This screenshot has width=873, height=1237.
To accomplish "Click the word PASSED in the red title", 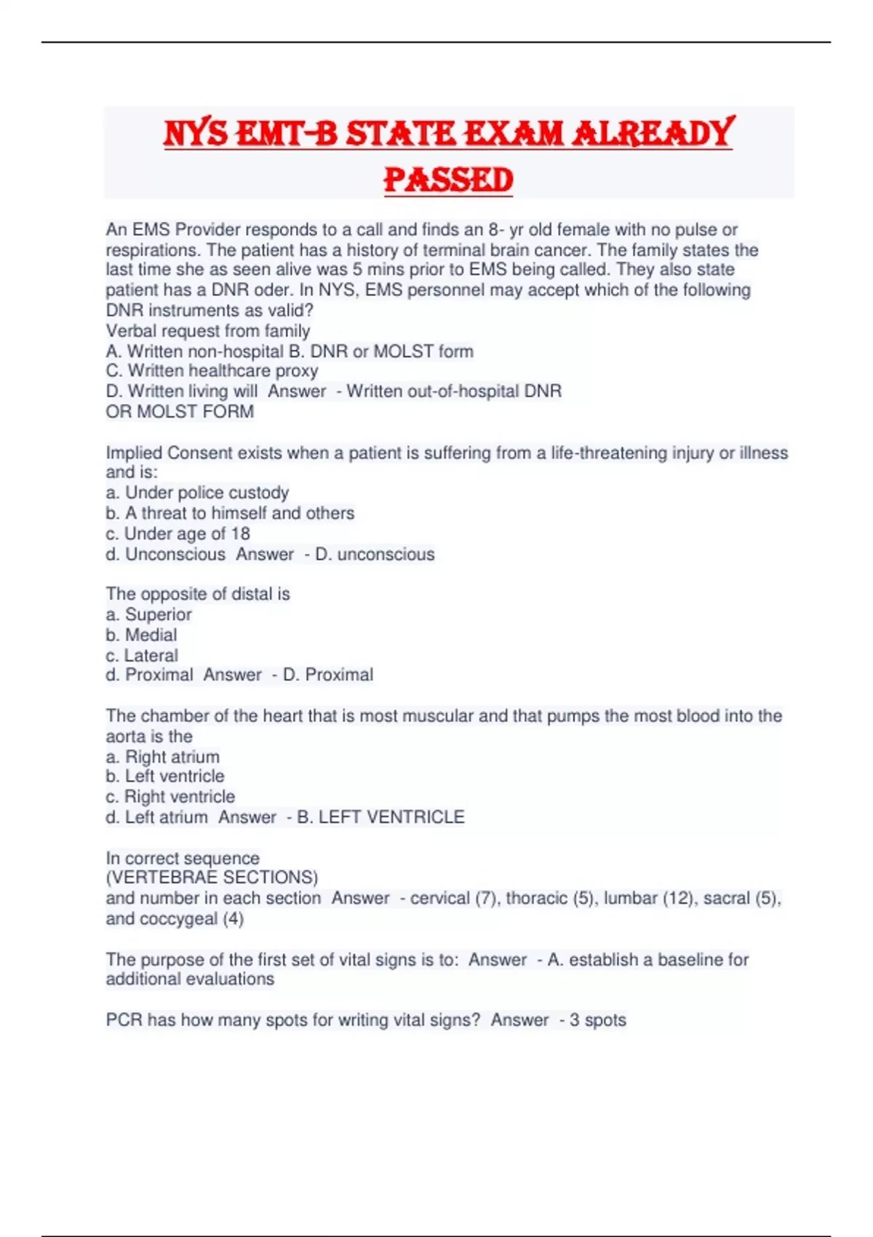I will click(448, 180).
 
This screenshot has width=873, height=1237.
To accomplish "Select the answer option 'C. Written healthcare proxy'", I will click(212, 371).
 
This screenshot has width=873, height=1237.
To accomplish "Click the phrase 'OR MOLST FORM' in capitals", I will click(180, 412).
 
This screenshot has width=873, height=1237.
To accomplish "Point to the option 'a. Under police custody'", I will click(197, 493).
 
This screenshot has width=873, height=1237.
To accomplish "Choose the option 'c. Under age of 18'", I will click(178, 533).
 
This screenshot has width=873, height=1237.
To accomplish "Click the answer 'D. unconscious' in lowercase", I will click(375, 554).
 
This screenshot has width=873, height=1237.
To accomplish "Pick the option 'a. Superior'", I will click(148, 615).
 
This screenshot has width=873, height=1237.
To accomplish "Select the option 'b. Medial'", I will click(141, 635).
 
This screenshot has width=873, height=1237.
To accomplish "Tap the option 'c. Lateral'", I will click(142, 656).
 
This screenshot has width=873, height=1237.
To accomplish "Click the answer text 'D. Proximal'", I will click(327, 675).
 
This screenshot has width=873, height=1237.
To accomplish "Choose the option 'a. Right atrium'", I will click(162, 757).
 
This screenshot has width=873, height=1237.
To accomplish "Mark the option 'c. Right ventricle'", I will click(170, 797).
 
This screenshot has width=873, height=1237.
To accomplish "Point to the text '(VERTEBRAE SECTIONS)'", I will click(212, 878).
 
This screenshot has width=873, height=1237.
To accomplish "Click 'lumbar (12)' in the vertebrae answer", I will click(638, 899).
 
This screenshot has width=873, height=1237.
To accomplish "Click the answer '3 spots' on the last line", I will click(597, 1020).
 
